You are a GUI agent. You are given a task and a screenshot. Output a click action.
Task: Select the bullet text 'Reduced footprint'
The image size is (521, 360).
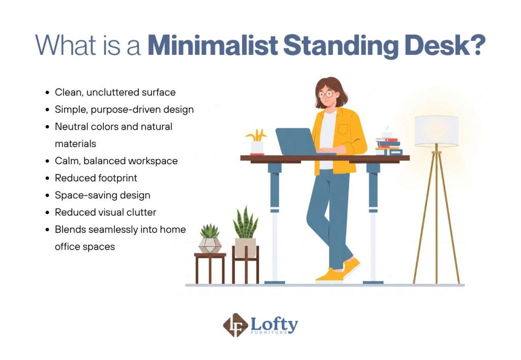[96, 178]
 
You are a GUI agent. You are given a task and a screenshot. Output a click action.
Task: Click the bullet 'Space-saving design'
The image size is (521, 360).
[102, 195]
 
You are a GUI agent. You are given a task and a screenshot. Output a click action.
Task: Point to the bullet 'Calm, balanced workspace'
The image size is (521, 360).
[116, 161]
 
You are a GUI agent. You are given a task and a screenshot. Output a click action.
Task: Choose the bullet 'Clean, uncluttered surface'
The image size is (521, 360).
[115, 93]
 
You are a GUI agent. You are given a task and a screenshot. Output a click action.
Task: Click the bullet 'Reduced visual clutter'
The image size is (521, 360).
[105, 212]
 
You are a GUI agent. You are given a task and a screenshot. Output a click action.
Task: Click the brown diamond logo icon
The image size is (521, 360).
[236, 326]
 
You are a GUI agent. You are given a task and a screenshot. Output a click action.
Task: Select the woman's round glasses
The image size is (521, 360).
[326, 94]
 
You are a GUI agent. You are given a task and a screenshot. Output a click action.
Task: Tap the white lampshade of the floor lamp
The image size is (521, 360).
[436, 131]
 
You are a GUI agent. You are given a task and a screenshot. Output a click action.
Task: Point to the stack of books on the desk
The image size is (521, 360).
[389, 146]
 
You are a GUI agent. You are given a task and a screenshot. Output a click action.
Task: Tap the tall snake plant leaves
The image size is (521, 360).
[245, 224]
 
